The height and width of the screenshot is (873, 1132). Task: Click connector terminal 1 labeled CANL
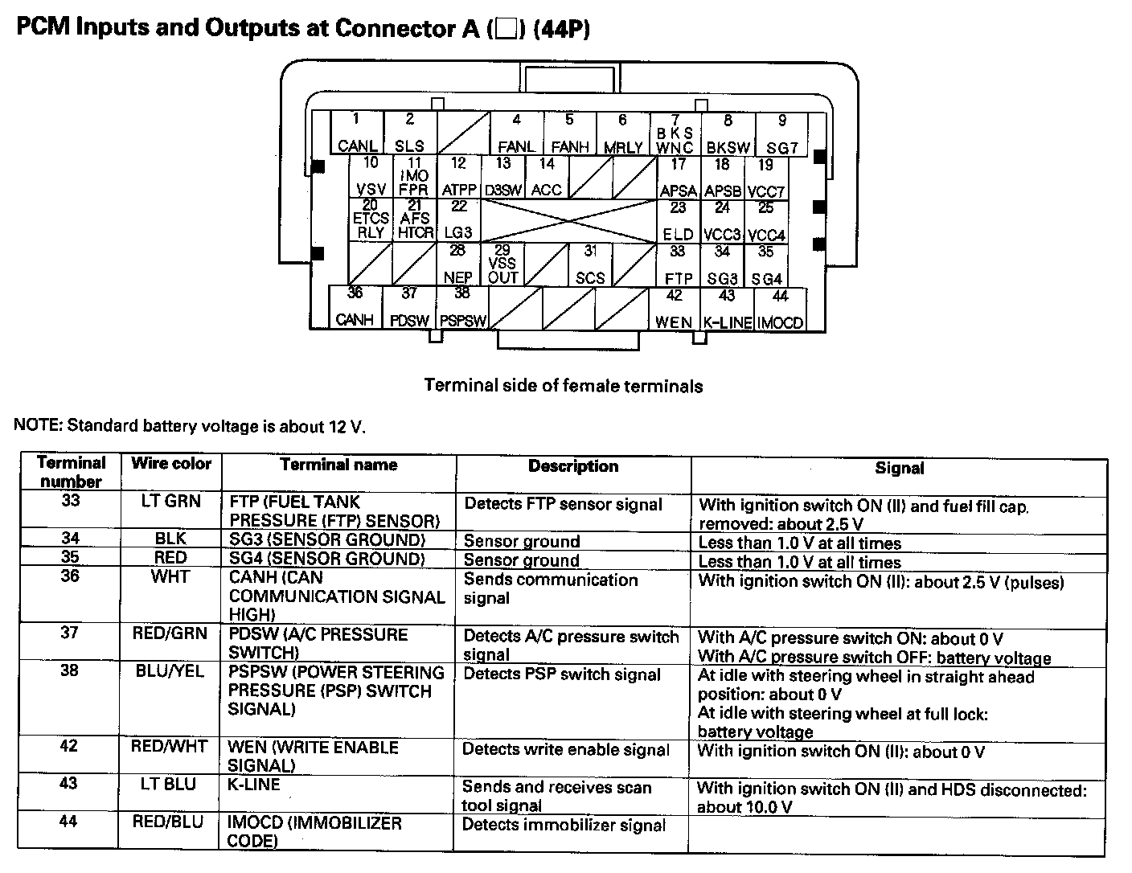tap(357, 133)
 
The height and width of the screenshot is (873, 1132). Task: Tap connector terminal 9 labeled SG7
tap(781, 134)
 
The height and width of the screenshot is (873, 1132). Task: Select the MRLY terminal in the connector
tap(622, 134)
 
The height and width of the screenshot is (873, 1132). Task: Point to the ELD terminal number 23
tap(679, 221)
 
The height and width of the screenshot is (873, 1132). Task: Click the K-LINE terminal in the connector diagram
tap(727, 309)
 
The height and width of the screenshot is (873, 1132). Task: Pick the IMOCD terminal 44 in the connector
tap(780, 309)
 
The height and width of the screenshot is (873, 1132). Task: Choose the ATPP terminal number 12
tap(459, 177)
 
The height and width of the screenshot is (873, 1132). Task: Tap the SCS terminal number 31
tap(590, 264)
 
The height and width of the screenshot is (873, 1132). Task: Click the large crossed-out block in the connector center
tap(568, 221)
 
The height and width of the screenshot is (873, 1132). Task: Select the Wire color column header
tap(171, 464)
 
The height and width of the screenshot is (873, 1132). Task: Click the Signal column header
tap(899, 468)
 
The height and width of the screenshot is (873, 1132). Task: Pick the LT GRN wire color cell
tap(171, 502)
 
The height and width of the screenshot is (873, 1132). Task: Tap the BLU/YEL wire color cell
tap(170, 671)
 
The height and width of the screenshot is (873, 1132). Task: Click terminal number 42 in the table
tap(69, 746)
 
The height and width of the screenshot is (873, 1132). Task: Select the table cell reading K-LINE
tap(255, 785)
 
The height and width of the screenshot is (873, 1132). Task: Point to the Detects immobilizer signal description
tap(564, 825)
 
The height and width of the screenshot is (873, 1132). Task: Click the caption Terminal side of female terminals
tap(563, 386)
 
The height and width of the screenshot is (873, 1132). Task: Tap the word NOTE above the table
tap(37, 425)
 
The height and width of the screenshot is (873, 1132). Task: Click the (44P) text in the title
tap(560, 29)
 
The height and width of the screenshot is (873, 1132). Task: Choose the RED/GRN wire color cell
tap(170, 633)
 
